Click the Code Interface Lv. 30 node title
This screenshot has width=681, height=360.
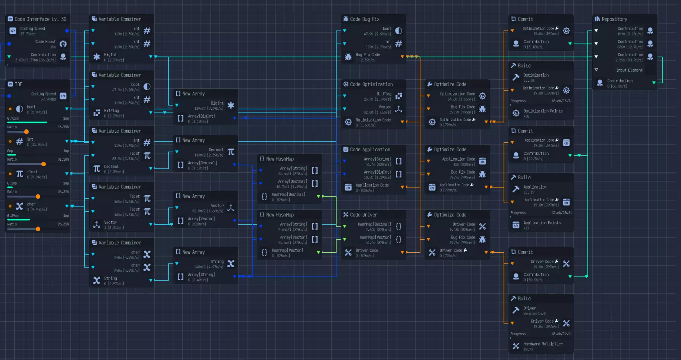[40, 19]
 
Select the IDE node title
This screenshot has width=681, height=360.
[18, 84]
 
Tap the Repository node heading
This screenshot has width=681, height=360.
[614, 19]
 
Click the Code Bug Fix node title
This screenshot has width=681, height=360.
[365, 19]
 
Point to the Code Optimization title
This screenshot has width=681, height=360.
[371, 84]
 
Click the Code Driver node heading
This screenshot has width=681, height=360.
[364, 215]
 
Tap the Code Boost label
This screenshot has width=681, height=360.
[45, 42]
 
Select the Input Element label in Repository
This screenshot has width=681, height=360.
[629, 70]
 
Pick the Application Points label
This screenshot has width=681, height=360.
[542, 223]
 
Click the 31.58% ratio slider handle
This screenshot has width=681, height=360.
[44, 164]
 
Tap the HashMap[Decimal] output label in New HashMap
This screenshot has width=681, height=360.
[288, 195]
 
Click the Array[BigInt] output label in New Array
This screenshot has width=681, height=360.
[201, 116]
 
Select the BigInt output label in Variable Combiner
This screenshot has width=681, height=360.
[110, 55]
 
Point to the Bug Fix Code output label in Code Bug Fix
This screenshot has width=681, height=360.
[368, 55]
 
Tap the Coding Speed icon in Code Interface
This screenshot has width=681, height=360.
[13, 31]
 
